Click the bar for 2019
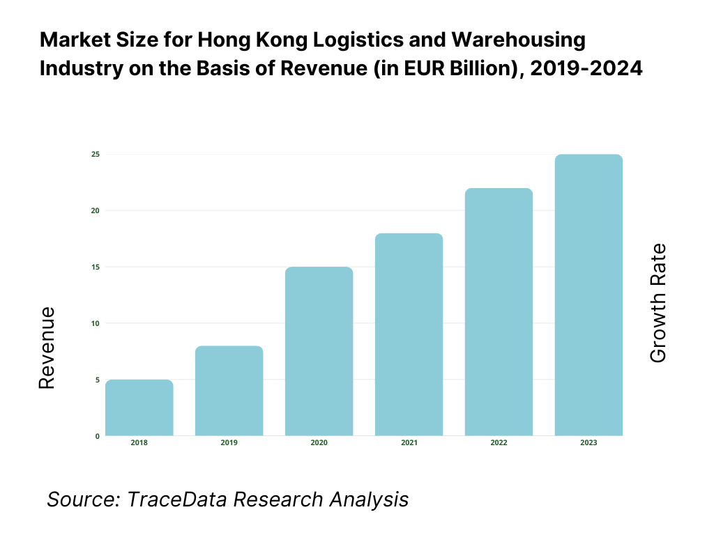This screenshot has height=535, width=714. click(x=229, y=391)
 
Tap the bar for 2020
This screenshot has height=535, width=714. click(x=319, y=351)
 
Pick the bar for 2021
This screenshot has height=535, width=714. click(x=409, y=334)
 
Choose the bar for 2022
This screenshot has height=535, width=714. click(x=499, y=312)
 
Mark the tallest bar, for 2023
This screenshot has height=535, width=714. click(x=589, y=295)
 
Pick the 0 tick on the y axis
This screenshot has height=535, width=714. click(x=97, y=436)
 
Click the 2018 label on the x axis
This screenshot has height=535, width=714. click(x=139, y=443)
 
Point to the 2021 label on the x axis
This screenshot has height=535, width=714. click(x=409, y=443)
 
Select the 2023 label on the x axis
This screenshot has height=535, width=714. click(x=589, y=443)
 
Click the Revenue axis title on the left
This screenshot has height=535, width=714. click(x=47, y=348)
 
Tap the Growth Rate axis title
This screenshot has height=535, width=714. click(x=658, y=303)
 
